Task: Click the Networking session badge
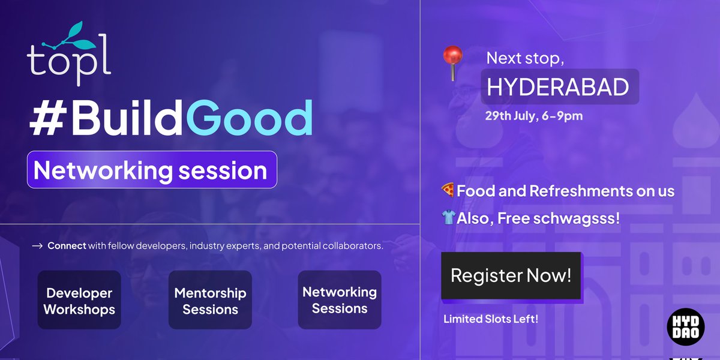click(152, 170)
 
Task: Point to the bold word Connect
click(67, 246)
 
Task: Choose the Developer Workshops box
click(79, 301)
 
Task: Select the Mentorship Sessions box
click(210, 301)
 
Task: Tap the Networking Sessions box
click(340, 300)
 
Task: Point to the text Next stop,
click(526, 58)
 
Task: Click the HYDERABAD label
click(558, 87)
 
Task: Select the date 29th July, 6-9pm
click(534, 116)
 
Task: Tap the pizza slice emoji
click(448, 191)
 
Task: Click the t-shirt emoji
click(448, 218)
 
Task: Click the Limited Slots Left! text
click(490, 319)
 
